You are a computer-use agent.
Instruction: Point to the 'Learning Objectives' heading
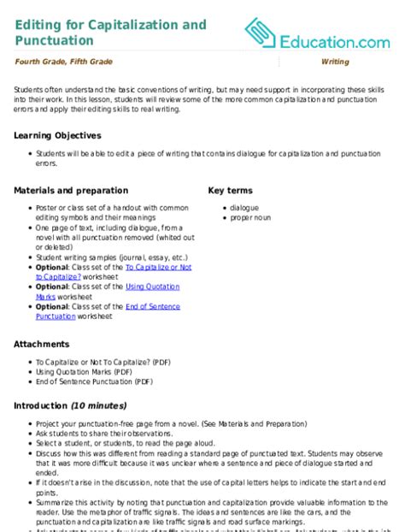[x=57, y=135]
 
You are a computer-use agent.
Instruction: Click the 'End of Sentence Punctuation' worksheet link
[x=150, y=306]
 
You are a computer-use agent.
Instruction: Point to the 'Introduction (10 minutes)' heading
[x=70, y=405]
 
